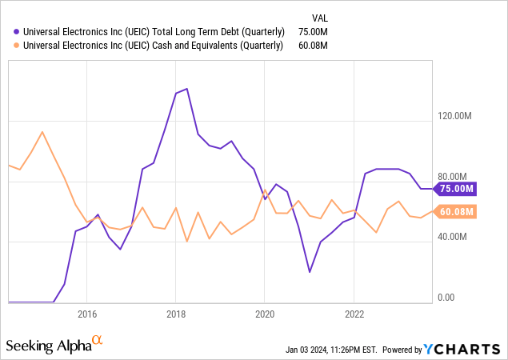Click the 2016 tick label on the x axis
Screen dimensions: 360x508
(x=86, y=313)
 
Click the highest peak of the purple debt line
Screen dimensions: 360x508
(x=186, y=89)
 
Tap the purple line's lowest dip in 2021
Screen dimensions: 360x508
(x=310, y=272)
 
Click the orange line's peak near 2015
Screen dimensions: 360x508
(x=42, y=132)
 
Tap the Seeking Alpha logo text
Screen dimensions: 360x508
(x=49, y=346)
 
